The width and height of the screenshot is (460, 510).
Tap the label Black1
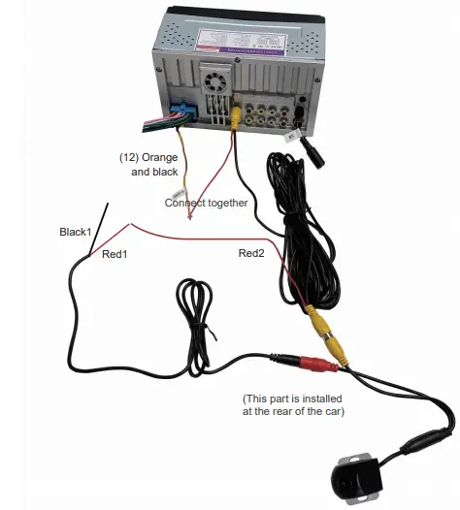75,232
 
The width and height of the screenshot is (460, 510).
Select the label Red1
115,253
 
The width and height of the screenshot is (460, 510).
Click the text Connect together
206,203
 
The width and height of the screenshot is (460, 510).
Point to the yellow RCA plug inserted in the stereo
236,112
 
